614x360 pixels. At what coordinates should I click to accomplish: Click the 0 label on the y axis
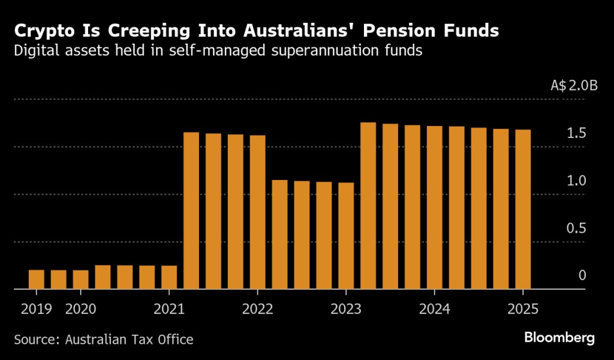click(582, 275)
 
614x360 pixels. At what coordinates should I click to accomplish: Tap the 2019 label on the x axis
click(36, 309)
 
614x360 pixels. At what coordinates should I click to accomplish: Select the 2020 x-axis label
click(80, 309)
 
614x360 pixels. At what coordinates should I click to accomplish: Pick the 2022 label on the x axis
click(257, 309)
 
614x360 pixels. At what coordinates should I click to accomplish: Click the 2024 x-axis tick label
click(434, 309)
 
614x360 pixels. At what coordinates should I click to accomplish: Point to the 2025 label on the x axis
click(523, 309)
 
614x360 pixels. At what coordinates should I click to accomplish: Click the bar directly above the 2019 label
click(37, 280)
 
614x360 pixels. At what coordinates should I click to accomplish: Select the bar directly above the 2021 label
click(169, 277)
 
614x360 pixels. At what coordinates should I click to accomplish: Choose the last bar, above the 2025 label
click(523, 209)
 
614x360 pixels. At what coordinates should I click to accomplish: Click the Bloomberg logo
click(559, 338)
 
